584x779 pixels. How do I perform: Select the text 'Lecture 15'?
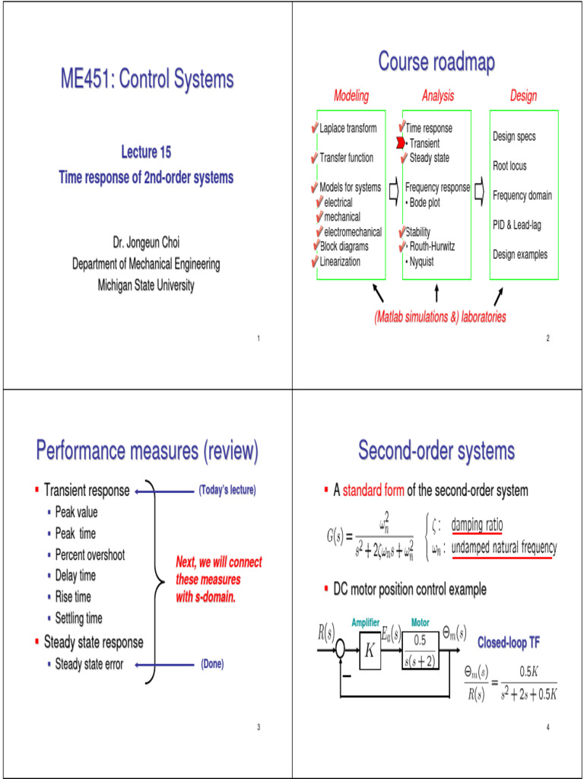[146, 152]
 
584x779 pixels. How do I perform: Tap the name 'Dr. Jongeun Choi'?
[146, 243]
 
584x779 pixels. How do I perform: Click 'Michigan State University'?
[146, 286]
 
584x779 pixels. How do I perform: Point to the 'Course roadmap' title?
[436, 62]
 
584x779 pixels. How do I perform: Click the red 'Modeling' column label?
[351, 96]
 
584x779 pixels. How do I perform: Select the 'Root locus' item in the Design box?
[509, 166]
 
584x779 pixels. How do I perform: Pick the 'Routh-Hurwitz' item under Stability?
[434, 246]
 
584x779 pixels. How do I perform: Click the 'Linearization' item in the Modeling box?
[340, 262]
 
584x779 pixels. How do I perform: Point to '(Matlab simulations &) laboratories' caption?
[440, 316]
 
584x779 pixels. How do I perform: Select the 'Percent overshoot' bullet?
[90, 555]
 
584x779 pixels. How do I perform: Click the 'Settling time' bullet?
[78, 618]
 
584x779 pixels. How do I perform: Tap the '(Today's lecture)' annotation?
[227, 491]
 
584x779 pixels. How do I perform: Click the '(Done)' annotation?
[211, 664]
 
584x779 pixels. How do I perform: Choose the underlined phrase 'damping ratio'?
[477, 526]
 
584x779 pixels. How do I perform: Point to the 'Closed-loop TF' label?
[508, 643]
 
